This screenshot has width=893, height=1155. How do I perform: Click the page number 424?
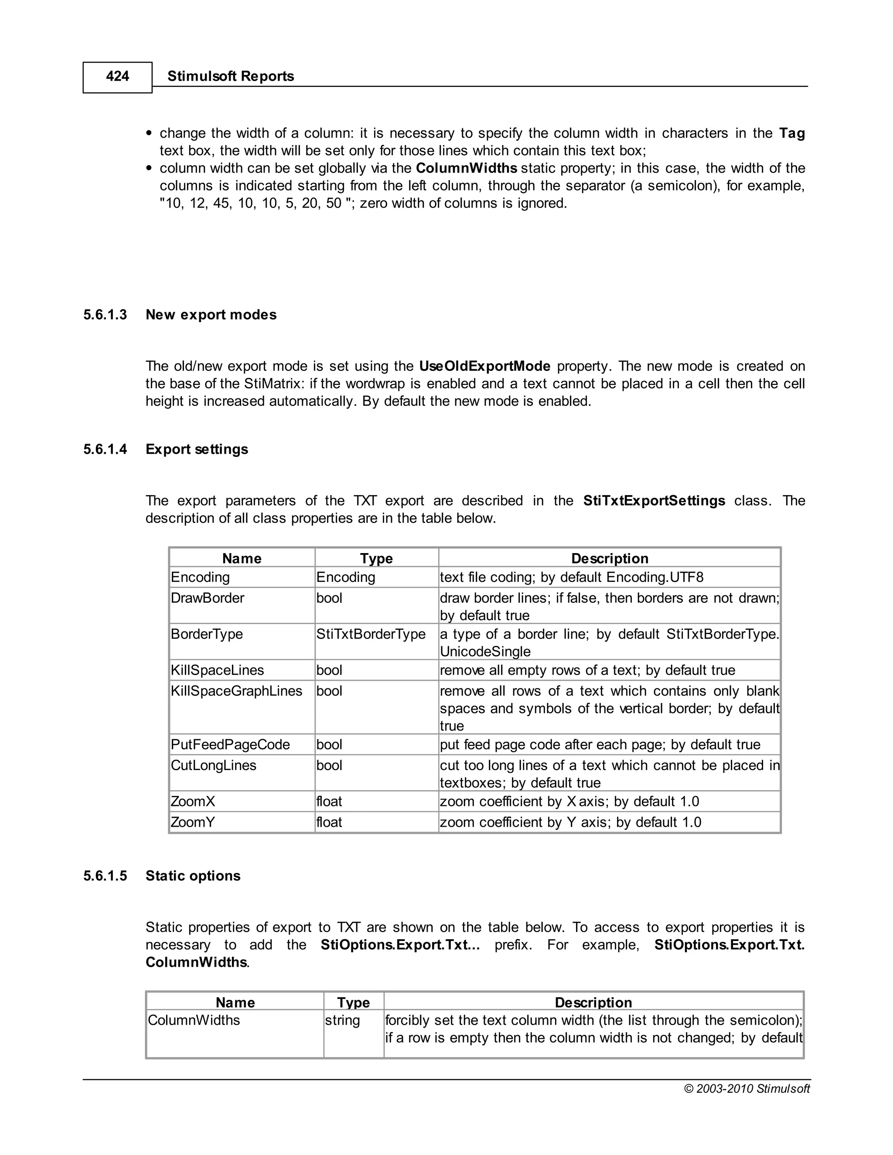point(117,77)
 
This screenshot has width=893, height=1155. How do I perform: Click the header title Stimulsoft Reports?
point(230,77)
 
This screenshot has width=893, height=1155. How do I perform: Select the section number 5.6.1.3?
point(105,315)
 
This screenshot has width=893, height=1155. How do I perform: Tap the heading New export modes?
point(211,315)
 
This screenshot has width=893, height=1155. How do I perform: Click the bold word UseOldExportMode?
point(484,366)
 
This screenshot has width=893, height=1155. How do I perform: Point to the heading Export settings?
point(196,449)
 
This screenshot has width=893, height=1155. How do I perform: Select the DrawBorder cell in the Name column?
point(208,598)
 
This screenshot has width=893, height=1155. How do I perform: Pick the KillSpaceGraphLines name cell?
point(236,691)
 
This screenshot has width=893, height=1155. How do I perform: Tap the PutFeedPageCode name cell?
point(230,744)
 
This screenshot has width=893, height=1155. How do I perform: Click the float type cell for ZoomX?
point(329,802)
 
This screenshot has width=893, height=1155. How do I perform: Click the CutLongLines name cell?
point(213,765)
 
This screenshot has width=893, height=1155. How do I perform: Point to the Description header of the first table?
point(610,558)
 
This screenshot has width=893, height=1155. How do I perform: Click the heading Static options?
point(193,876)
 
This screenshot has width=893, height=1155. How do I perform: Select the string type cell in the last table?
point(342,1020)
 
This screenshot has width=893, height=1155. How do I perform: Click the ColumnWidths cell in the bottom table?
point(194,1020)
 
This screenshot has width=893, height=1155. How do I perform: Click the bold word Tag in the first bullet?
point(791,133)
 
